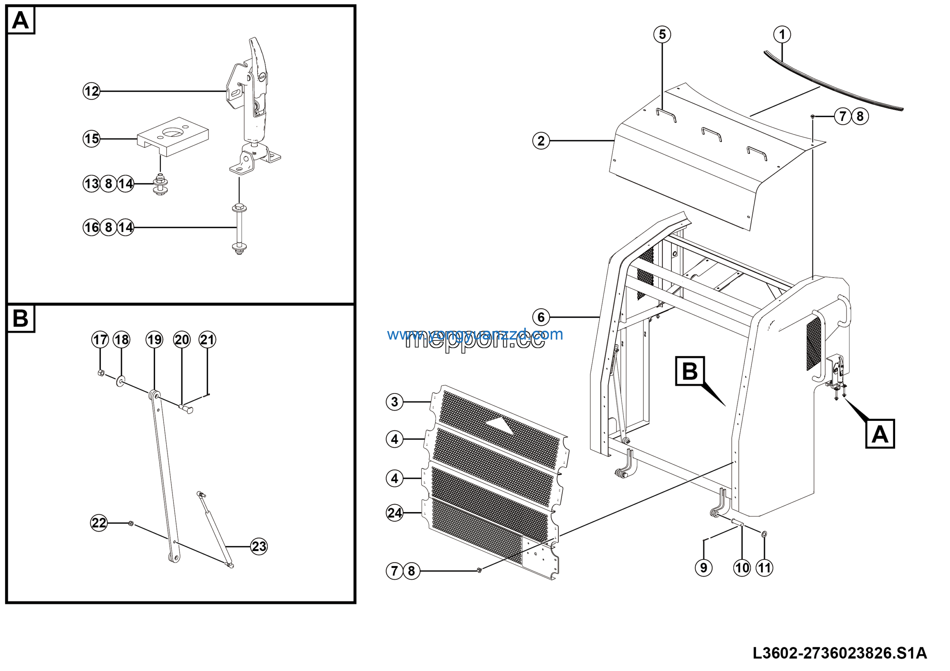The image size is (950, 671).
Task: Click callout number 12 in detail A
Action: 91,91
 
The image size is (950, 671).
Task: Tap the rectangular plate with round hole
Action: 173,136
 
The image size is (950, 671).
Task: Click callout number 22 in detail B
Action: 99,523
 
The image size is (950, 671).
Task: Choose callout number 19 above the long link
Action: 154,340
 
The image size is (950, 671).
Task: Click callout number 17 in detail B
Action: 100,340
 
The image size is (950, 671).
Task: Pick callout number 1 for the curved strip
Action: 782,35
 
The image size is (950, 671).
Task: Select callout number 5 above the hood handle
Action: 662,35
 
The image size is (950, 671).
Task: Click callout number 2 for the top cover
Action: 541,141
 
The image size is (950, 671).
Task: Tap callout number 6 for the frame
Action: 541,317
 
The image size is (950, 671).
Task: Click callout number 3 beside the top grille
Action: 394,402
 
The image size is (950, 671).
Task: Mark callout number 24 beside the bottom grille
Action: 394,513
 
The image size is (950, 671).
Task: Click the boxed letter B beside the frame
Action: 690,371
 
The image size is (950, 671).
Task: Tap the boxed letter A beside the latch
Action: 880,434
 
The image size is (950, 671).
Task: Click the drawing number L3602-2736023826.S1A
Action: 839,653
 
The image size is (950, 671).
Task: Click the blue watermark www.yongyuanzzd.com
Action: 475,334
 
